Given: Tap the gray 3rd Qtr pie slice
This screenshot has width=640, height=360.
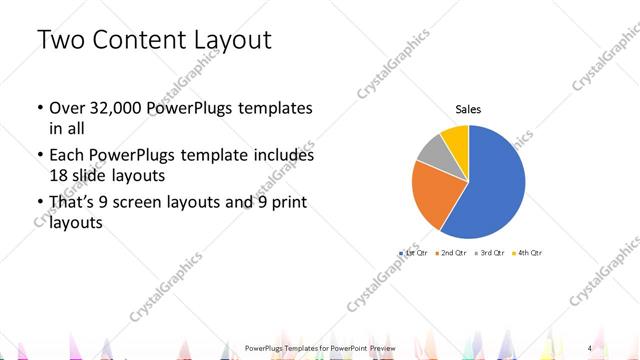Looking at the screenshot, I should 431,150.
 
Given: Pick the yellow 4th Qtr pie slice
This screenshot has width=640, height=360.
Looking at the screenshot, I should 455,137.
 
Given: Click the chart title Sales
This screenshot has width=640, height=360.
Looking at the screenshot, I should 469,109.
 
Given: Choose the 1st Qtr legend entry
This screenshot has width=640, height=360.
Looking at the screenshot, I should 415,253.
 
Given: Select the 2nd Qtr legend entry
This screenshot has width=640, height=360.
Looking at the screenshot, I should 451,253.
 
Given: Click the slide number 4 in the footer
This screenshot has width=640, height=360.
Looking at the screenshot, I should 590,347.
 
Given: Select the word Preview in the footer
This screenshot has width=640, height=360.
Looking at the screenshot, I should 381,347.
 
